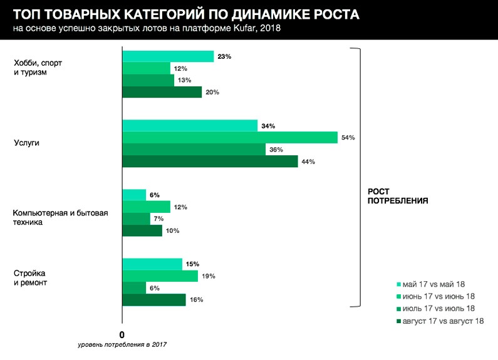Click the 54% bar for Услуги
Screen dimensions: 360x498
tap(230, 138)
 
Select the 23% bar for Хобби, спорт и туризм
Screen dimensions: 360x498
tap(168, 56)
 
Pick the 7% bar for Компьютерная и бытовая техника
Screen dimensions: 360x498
tap(136, 219)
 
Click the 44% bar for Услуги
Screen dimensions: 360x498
tap(210, 162)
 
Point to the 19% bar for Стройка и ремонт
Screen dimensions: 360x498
tap(160, 276)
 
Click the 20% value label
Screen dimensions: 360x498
tap(213, 92)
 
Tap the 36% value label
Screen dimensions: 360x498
tap(276, 150)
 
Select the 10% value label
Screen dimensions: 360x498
tap(173, 230)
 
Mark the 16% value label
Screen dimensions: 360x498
tap(196, 300)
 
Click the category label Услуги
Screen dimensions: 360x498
tap(26, 143)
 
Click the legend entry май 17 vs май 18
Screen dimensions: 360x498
tap(438, 284)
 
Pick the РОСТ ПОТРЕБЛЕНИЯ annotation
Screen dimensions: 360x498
tap(397, 197)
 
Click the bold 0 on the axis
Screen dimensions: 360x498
tap(122, 334)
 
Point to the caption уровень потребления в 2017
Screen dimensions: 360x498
tap(123, 345)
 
